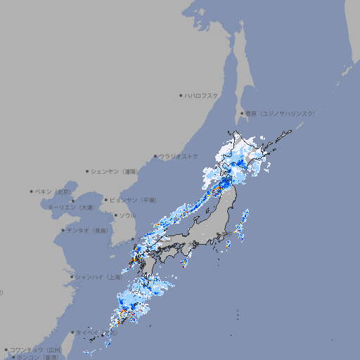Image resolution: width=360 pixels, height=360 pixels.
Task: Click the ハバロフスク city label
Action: point(202,95)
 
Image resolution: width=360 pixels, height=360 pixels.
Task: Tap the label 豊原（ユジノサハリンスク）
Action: point(280,113)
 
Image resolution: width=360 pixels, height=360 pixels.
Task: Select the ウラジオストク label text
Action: point(179,156)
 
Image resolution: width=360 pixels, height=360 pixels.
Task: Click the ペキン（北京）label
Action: point(54,191)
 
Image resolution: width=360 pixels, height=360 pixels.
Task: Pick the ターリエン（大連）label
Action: point(71,207)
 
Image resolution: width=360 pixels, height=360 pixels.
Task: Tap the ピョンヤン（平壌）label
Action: point(133,200)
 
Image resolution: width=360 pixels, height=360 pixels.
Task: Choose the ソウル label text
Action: point(127,215)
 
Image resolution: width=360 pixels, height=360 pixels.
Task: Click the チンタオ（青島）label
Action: point(88,230)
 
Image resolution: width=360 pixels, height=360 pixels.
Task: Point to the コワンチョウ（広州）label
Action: point(36,349)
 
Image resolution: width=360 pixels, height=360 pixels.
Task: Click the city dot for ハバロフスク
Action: point(181,95)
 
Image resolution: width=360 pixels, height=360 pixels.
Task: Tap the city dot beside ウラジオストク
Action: point(155,156)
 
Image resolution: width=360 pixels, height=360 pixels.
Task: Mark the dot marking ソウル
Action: point(115,215)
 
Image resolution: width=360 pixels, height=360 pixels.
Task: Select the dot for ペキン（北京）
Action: point(32,191)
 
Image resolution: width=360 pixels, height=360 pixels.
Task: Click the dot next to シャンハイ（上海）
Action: point(72,276)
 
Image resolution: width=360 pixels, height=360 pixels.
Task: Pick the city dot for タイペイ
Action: point(72,333)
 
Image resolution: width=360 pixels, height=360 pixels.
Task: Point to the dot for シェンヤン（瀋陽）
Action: point(87,171)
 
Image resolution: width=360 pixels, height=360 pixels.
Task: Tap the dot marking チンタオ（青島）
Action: point(63,230)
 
